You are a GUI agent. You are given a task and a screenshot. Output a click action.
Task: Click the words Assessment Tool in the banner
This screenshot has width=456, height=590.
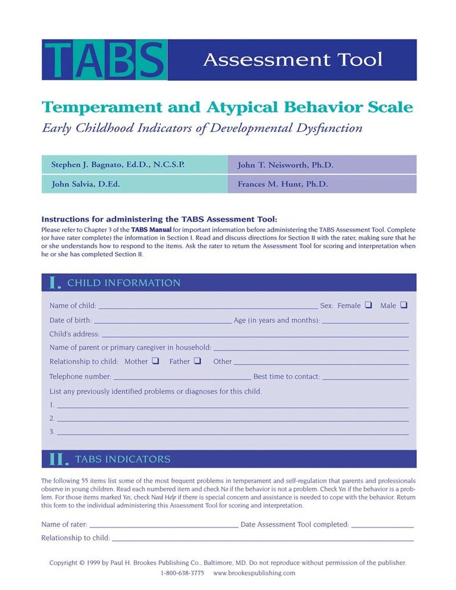292,60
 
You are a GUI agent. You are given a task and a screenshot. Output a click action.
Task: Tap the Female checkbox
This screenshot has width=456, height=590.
368,305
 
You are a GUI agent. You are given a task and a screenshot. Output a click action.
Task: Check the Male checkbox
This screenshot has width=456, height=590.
404,305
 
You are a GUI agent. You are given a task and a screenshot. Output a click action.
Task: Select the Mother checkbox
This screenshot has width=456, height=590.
155,361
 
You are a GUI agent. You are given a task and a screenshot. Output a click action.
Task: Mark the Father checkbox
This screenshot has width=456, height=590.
197,361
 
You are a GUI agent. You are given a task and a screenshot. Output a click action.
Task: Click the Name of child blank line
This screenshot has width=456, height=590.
208,307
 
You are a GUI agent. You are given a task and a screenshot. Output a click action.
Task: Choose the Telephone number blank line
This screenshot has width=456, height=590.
182,378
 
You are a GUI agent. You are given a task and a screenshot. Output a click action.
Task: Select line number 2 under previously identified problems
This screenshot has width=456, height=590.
232,420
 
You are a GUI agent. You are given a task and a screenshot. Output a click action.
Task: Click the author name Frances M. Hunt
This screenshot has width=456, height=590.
283,185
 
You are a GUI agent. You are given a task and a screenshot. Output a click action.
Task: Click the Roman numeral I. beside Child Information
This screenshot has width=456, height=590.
54,283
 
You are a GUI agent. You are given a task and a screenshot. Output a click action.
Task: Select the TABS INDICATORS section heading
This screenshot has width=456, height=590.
122,459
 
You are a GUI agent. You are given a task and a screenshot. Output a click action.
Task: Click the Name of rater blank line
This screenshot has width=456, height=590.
163,526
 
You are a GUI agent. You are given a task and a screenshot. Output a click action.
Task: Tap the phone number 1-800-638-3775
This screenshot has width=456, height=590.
182,573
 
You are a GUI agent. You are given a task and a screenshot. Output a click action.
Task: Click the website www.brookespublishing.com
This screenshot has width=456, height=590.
254,573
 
